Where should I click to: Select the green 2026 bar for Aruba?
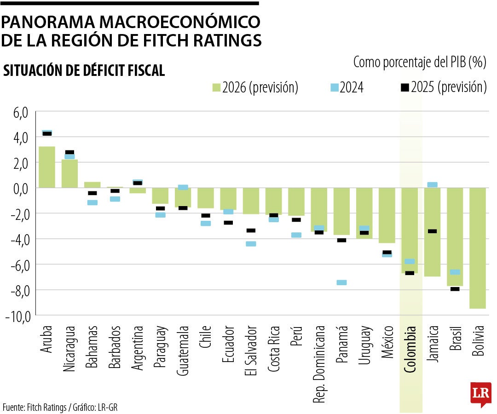pos(47,167)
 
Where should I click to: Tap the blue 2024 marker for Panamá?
pos(341,282)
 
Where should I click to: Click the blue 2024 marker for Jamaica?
pos(432,184)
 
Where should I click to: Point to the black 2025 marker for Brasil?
pos(455,289)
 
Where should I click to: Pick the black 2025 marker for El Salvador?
pos(251,230)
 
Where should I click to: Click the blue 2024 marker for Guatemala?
pos(183,187)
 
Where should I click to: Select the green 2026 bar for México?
pos(387,215)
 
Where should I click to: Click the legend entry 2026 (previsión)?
pos(255,87)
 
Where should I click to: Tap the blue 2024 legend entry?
pos(347,87)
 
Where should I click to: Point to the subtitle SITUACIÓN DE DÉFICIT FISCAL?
pos(84,70)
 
